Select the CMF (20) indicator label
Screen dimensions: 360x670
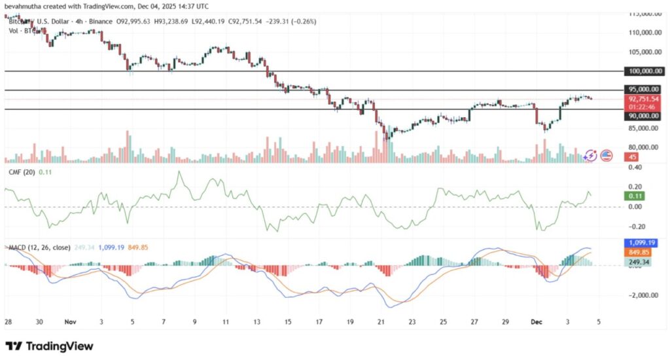20,171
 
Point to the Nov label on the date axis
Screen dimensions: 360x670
69,323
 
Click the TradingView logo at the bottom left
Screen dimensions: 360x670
50,346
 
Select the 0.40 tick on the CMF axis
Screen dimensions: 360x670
635,167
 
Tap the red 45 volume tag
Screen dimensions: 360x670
633,157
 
